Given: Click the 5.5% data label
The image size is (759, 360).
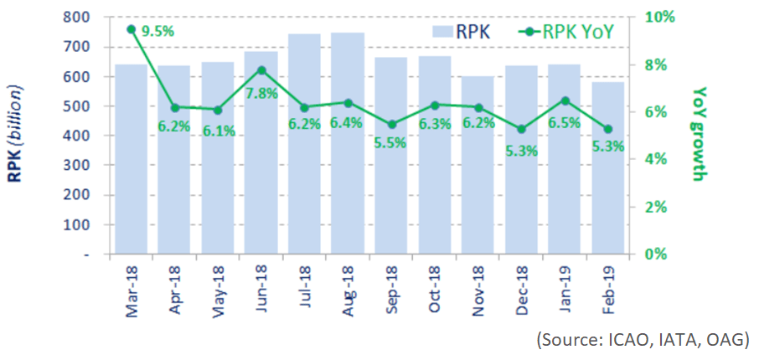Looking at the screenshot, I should (x=390, y=143).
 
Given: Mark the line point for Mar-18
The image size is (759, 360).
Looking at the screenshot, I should (x=131, y=29).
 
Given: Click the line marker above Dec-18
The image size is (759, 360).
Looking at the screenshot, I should (x=522, y=129).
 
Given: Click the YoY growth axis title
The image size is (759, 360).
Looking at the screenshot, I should (x=700, y=134).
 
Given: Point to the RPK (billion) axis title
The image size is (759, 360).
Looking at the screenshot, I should (x=18, y=135).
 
